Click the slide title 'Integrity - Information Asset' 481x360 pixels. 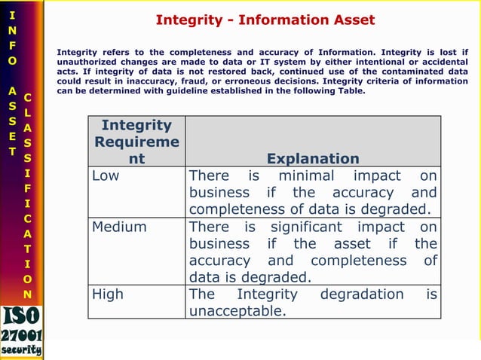[x=265, y=20]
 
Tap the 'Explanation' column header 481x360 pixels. [x=313, y=159]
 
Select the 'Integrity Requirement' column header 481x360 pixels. [x=136, y=142]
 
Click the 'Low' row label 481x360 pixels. [x=106, y=175]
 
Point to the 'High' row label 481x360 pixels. [x=107, y=294]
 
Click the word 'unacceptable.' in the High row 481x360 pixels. [x=237, y=311]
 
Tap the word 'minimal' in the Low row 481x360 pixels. [x=312, y=175]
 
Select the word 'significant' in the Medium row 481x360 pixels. [x=306, y=227]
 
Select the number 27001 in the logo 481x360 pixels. [x=21, y=335]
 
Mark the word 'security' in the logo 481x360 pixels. [x=21, y=350]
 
